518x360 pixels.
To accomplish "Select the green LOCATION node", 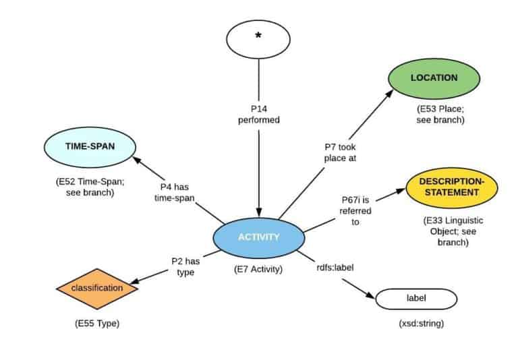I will click(434, 78).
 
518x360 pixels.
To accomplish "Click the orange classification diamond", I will click(98, 288).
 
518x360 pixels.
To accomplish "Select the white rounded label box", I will click(416, 299).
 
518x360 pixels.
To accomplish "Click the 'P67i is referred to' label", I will click(355, 210).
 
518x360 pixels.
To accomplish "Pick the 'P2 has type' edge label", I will click(182, 267).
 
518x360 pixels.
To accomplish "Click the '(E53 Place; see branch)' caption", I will click(440, 115).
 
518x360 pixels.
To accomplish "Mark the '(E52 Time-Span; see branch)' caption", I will click(85, 187).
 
